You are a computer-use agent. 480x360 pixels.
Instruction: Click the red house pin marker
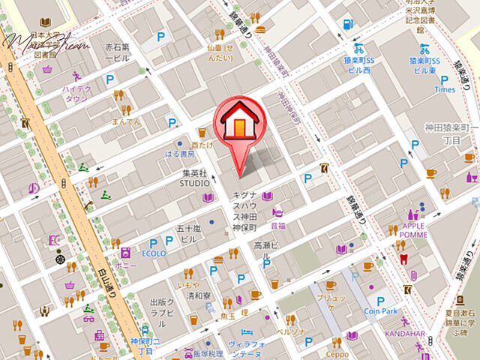tap(238, 124)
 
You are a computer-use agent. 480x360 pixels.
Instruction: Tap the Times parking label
tap(445, 89)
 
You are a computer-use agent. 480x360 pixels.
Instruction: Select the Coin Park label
tap(380, 311)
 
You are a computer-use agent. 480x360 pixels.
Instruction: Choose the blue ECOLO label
tap(153, 253)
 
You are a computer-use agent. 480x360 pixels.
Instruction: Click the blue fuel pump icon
tap(347, 23)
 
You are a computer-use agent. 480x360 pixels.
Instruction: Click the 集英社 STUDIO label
tap(193, 178)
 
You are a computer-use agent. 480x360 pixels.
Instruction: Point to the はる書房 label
tap(180, 154)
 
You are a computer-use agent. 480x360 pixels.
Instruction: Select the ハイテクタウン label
tap(76, 93)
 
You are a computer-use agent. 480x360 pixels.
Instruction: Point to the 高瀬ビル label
tap(266, 245)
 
